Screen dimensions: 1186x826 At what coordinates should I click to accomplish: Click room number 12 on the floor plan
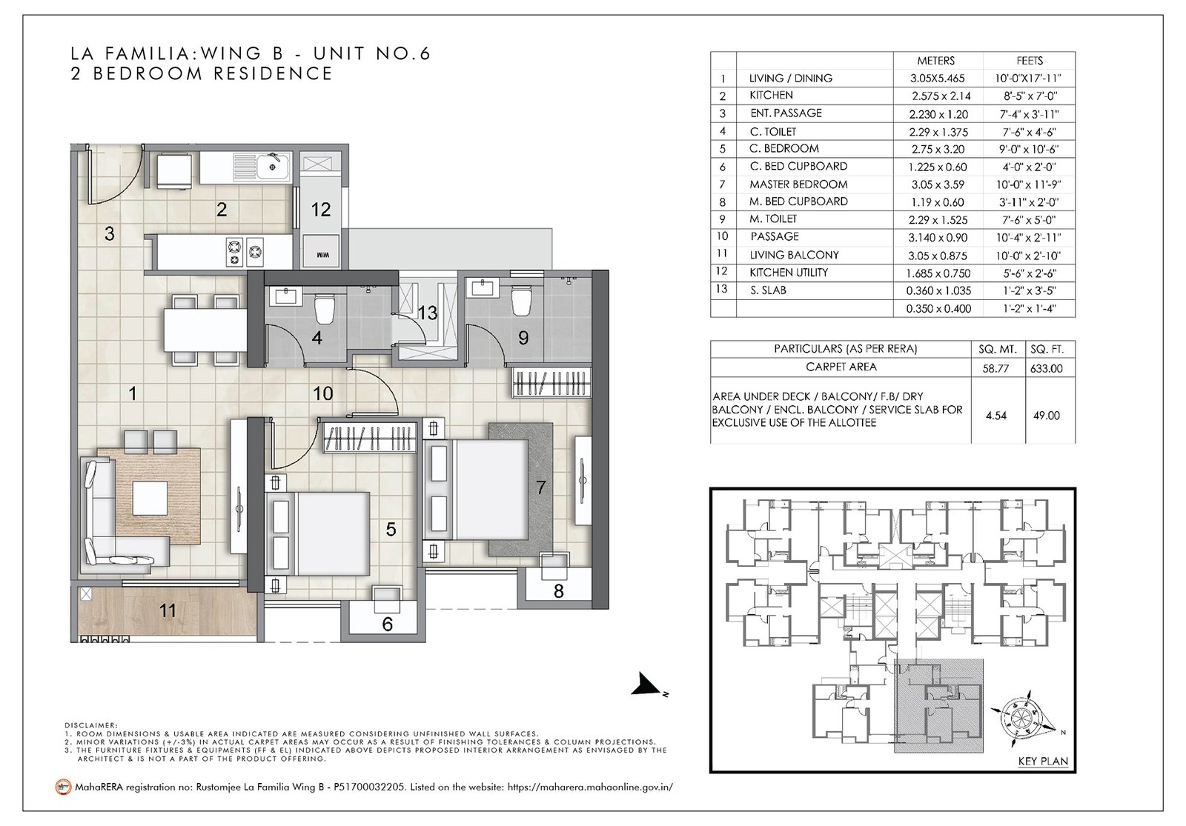click(321, 210)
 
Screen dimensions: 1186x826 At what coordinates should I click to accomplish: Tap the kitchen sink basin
click(272, 166)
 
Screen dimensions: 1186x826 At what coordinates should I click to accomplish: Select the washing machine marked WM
click(322, 252)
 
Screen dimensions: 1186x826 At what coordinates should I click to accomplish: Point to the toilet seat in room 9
click(521, 300)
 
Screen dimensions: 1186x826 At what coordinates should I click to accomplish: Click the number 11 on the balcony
click(168, 610)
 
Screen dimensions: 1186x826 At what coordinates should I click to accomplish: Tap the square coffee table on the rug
click(150, 497)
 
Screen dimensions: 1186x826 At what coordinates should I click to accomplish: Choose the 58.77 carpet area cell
click(995, 368)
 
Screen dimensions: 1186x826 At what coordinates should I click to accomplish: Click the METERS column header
click(935, 60)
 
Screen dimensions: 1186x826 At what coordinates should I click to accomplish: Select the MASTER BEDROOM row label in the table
click(798, 184)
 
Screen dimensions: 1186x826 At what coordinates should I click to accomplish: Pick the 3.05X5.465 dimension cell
click(937, 79)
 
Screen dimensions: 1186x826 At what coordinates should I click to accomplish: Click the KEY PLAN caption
click(1043, 762)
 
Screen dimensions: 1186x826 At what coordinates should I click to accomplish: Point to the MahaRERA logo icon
click(63, 787)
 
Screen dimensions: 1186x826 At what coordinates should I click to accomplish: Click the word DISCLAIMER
click(90, 725)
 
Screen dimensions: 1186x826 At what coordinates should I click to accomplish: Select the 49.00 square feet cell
click(1046, 416)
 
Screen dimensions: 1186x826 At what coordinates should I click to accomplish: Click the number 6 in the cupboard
click(387, 625)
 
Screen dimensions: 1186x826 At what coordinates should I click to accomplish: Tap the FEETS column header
click(1030, 60)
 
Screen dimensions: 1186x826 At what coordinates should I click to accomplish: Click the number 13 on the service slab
click(427, 313)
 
